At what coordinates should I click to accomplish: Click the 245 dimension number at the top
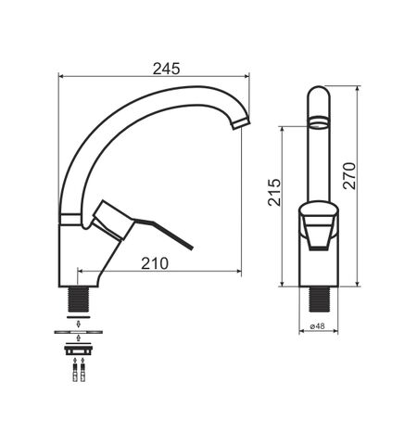[x=167, y=68]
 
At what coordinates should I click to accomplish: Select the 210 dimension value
[x=155, y=263]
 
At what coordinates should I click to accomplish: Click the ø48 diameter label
[x=317, y=327]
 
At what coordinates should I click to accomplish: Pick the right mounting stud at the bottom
[x=83, y=373]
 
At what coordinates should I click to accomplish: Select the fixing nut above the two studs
[x=79, y=350]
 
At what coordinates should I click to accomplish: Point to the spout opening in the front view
[x=318, y=121]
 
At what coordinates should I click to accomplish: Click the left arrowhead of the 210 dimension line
[x=80, y=273]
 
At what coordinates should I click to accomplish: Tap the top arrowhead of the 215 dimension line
[x=283, y=130]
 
